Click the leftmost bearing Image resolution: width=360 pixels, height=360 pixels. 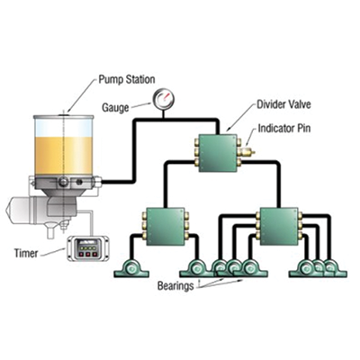coord(131,267)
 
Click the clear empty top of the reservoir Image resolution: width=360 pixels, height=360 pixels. coord(64,122)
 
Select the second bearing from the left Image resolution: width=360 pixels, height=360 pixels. coord(196,267)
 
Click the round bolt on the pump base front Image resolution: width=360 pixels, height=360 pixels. coord(64,184)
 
